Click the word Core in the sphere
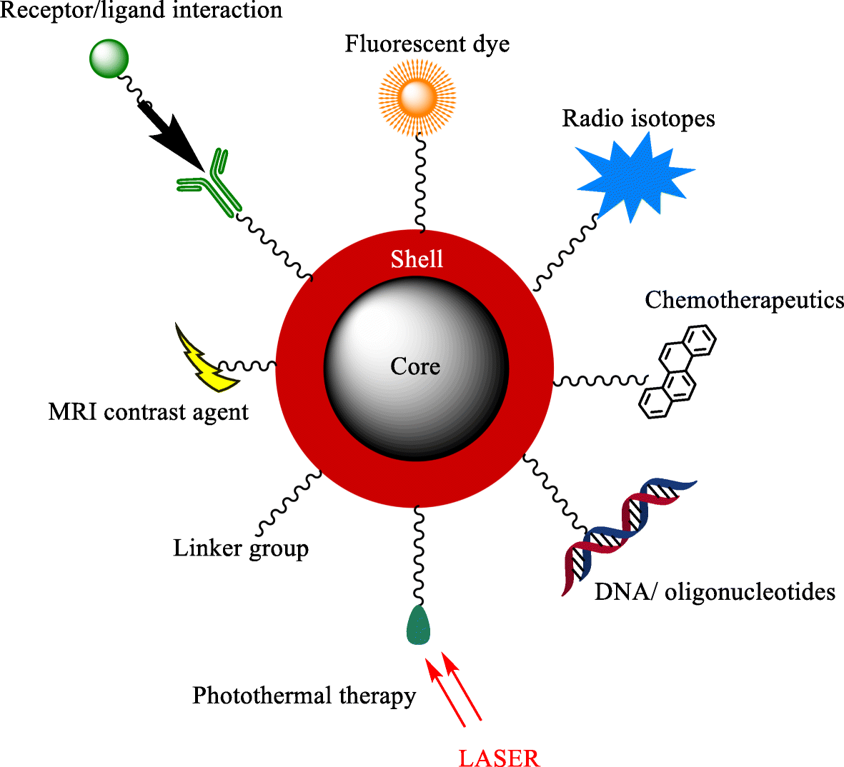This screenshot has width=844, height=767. pyautogui.click(x=415, y=366)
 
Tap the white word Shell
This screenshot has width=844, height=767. pyautogui.click(x=417, y=259)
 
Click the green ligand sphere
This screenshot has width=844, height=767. pyautogui.click(x=109, y=59)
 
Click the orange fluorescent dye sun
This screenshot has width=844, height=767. pyautogui.click(x=417, y=96)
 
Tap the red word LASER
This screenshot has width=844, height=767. pyautogui.click(x=499, y=758)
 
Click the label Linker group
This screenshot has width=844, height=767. pyautogui.click(x=241, y=548)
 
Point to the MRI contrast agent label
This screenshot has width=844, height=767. pyautogui.click(x=148, y=412)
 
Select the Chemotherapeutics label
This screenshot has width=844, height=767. pyautogui.click(x=744, y=300)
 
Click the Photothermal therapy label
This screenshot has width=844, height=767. pyautogui.click(x=304, y=696)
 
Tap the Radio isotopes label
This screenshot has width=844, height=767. pyautogui.click(x=638, y=119)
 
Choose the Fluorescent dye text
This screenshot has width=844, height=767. pyautogui.click(x=427, y=44)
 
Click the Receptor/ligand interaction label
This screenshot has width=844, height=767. pyautogui.click(x=142, y=11)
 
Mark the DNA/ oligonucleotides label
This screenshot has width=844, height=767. pyautogui.click(x=715, y=591)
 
